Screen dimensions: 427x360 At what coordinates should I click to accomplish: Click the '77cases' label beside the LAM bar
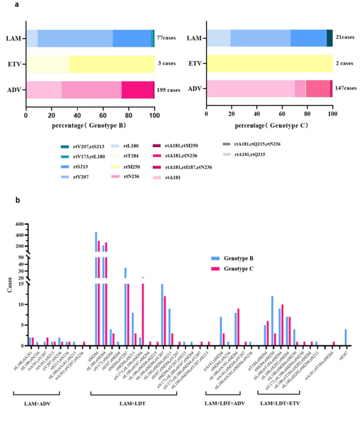point(167,38)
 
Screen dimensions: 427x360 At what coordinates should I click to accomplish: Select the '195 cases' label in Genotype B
point(168,90)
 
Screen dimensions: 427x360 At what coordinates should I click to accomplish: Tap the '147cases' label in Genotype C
point(345,88)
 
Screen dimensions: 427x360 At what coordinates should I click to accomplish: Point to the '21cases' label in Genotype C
point(345,38)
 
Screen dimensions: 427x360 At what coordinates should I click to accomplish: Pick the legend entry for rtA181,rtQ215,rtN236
point(256,143)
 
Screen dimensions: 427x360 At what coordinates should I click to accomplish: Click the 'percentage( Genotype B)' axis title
point(90,126)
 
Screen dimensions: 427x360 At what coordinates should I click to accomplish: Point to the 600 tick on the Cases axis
point(19,225)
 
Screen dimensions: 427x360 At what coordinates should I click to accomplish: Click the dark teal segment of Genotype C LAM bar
point(330,38)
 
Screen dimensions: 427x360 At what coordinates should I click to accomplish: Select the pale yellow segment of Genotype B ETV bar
point(47,64)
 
